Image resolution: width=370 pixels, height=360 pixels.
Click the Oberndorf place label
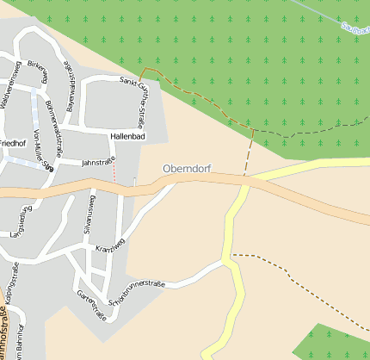[x=187, y=169]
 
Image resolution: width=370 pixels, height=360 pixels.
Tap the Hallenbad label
[x=128, y=137]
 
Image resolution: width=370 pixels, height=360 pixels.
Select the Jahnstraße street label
[x=98, y=161]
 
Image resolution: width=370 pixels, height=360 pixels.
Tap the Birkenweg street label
[x=37, y=72]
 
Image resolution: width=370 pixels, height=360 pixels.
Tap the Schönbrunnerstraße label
[x=138, y=293]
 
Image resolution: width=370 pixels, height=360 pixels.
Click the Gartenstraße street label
[x=91, y=306]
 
